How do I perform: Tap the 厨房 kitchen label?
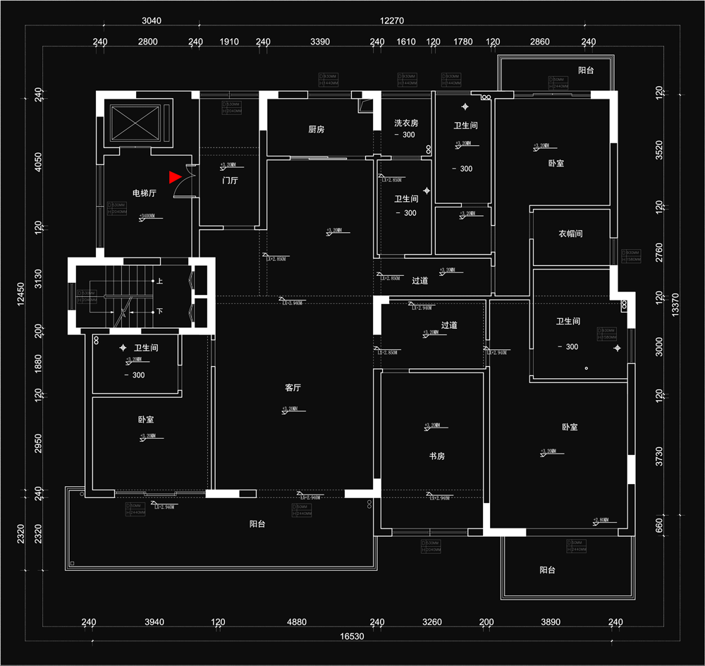pyautogui.click(x=317, y=130)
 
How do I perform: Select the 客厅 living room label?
pyautogui.click(x=293, y=387)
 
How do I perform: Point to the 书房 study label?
pyautogui.click(x=437, y=456)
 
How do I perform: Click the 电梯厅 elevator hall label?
pyautogui.click(x=145, y=193)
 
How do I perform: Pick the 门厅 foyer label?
pyautogui.click(x=230, y=181)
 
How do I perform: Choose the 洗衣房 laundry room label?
pyautogui.click(x=406, y=123)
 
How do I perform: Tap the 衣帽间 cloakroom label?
pyautogui.click(x=570, y=234)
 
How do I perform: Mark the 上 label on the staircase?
pyautogui.click(x=160, y=281)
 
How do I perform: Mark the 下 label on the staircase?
pyautogui.click(x=160, y=311)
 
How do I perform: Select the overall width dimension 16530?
pyautogui.click(x=352, y=636)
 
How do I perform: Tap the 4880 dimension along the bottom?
pyautogui.click(x=297, y=622)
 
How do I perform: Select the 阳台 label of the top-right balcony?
pyautogui.click(x=586, y=71)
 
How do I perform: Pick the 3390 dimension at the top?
pyautogui.click(x=320, y=42)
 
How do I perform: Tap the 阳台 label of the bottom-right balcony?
pyautogui.click(x=547, y=569)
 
